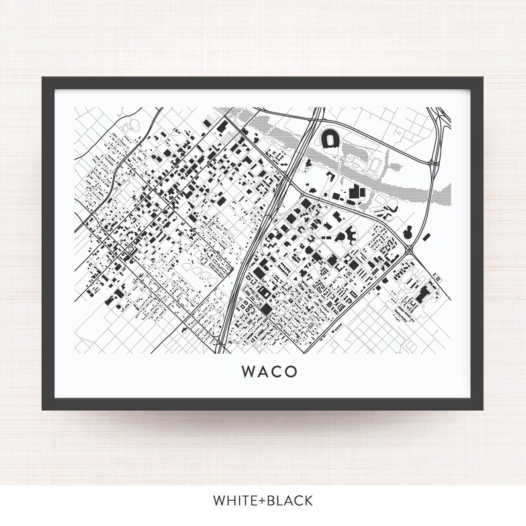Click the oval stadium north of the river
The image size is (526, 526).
click(329, 139)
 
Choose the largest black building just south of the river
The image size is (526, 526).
click(357, 193)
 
